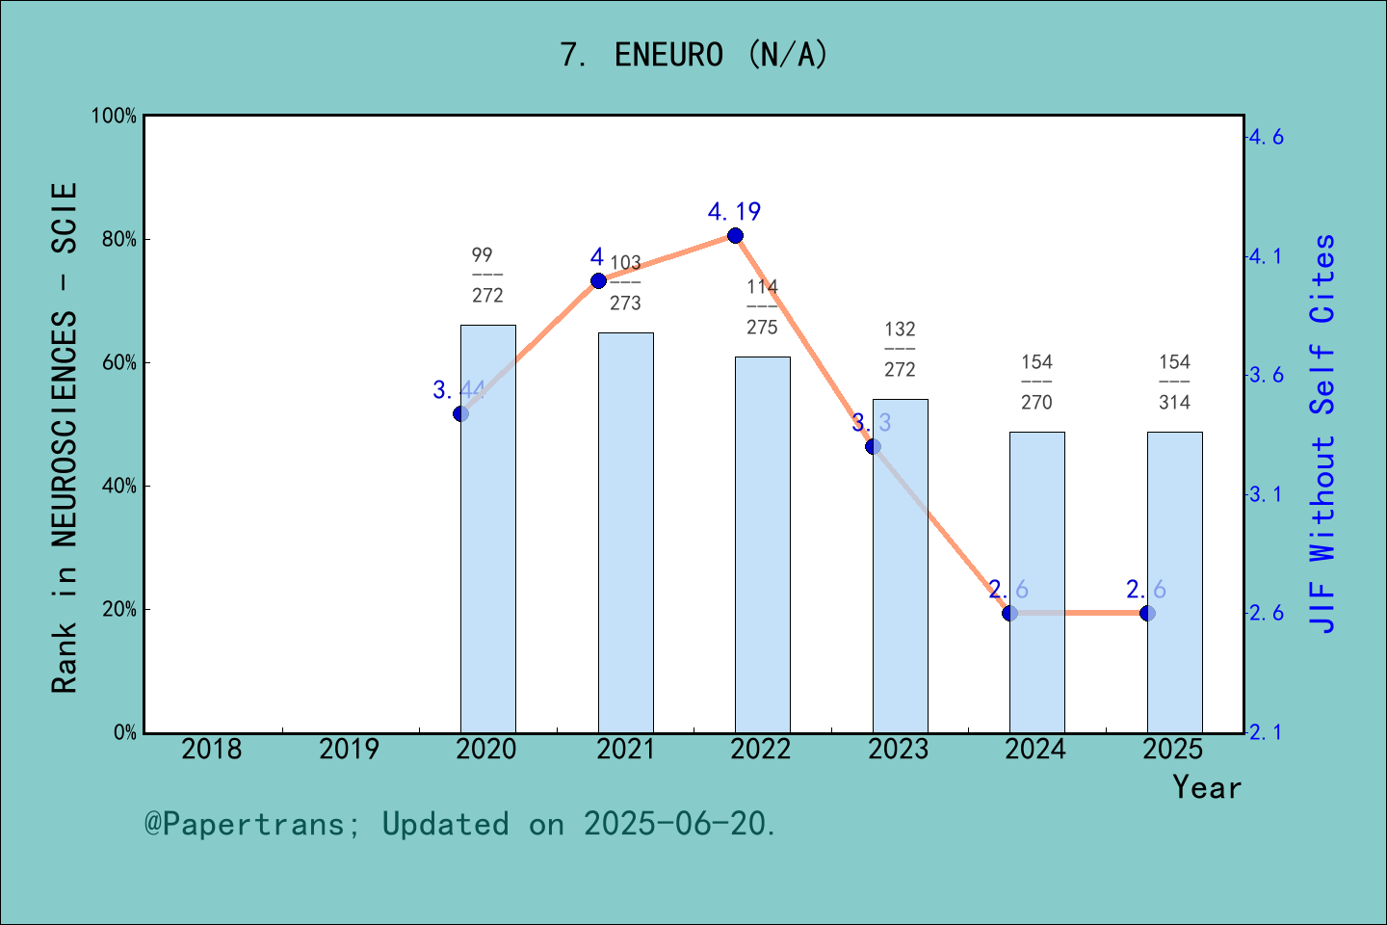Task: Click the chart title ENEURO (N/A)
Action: (x=693, y=55)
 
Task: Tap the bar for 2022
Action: (x=762, y=544)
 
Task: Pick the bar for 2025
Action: (x=1174, y=582)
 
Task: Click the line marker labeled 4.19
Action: (x=735, y=236)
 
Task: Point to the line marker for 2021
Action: (x=598, y=281)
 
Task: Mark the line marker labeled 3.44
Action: (x=460, y=413)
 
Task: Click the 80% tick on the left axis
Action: (x=119, y=240)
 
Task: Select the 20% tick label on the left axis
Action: (x=119, y=610)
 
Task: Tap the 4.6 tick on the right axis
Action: (x=1266, y=137)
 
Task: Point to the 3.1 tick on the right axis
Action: (x=1266, y=494)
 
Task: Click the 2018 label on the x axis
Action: (x=212, y=750)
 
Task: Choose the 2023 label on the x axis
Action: (x=899, y=750)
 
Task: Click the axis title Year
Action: (x=1207, y=787)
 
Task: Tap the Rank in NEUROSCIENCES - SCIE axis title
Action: (x=65, y=438)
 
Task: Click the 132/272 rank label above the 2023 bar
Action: (x=900, y=349)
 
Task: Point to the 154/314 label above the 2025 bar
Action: (x=1174, y=382)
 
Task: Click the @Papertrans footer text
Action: (x=460, y=824)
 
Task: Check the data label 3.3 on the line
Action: (x=872, y=422)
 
